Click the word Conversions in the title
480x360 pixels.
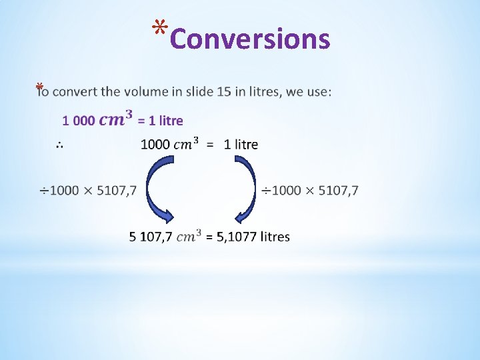(250, 39)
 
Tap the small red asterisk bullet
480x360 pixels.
(40, 87)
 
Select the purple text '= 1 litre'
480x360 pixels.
(160, 121)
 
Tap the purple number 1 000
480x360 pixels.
(78, 121)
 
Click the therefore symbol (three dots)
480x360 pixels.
(59, 144)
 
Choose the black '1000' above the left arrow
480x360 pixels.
(155, 144)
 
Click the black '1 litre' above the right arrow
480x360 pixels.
(241, 144)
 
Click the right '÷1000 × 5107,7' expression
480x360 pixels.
(309, 191)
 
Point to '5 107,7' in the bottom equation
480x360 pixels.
(151, 237)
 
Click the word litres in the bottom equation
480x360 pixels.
(275, 237)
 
